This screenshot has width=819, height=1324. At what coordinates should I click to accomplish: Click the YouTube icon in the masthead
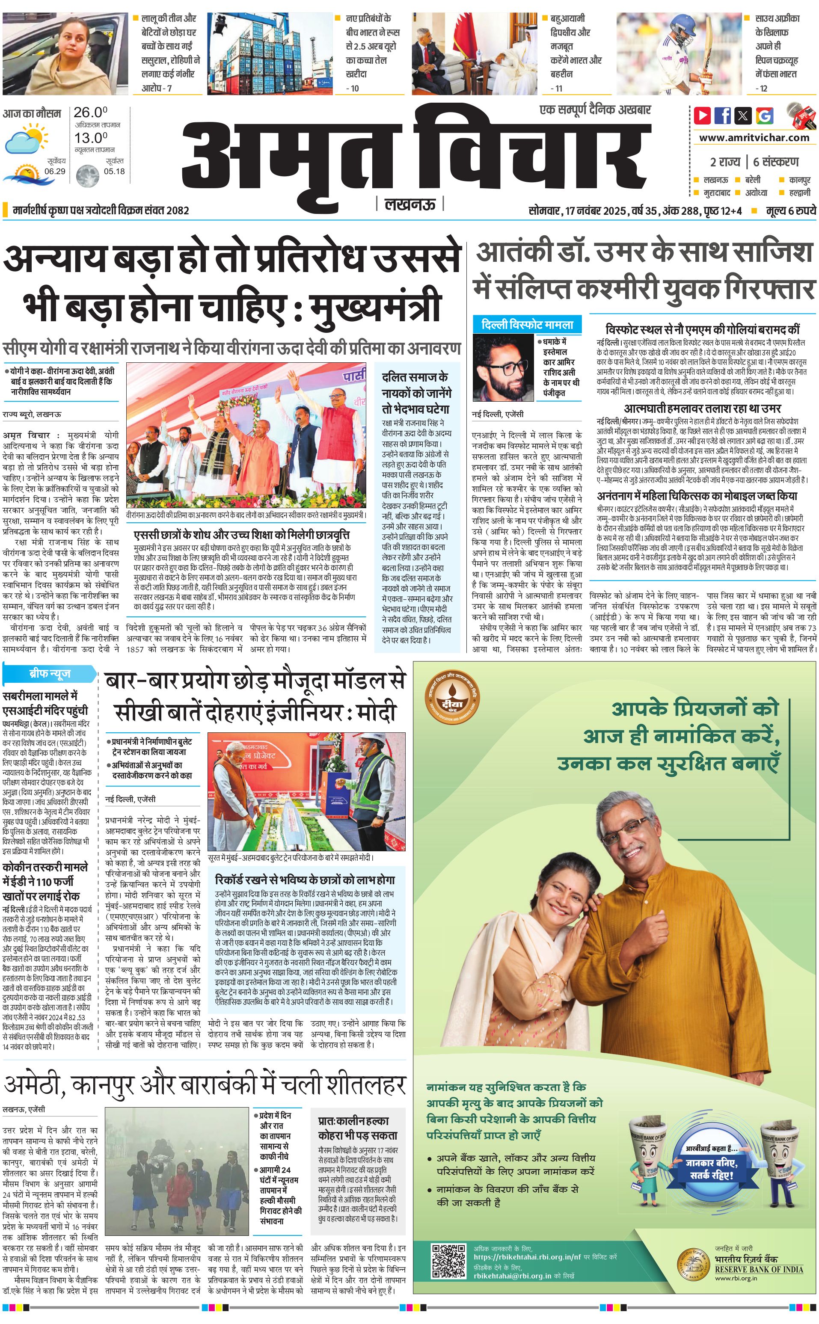(702, 116)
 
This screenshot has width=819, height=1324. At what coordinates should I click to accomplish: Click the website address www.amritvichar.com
(754, 138)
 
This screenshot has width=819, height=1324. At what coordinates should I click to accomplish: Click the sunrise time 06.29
(55, 171)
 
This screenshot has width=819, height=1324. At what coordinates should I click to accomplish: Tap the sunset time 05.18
(114, 171)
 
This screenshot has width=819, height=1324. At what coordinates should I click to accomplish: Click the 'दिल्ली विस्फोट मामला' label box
(527, 325)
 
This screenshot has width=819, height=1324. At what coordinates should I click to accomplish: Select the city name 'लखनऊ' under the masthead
(409, 204)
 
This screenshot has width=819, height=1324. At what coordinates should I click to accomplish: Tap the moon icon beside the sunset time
(87, 176)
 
